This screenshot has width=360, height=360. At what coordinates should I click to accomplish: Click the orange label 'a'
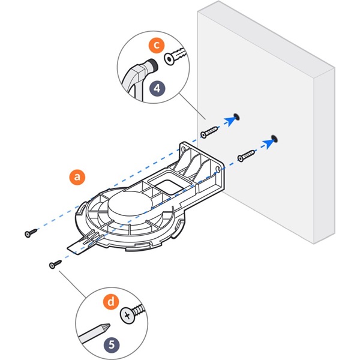click(76, 176)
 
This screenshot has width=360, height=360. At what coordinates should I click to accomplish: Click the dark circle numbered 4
click(157, 88)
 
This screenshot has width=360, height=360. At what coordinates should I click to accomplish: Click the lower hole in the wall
click(273, 138)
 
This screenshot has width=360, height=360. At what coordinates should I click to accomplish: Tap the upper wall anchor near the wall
click(209, 130)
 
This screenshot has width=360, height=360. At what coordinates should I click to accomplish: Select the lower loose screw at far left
click(55, 263)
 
